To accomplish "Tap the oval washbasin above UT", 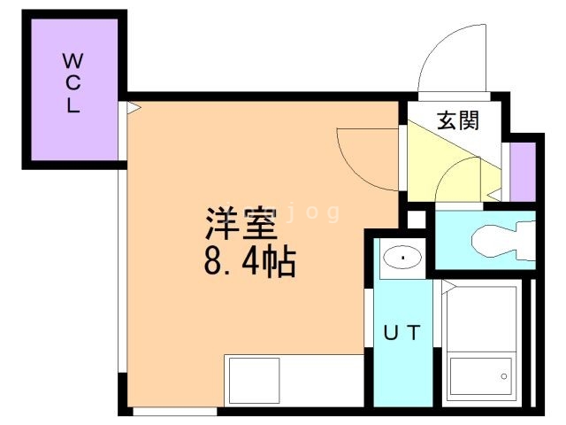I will (403, 258).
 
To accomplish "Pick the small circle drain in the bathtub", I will (504, 376).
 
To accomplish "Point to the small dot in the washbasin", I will (403, 258).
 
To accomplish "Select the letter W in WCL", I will (73, 62).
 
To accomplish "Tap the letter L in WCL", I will (73, 105).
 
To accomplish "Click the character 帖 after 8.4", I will (282, 263).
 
